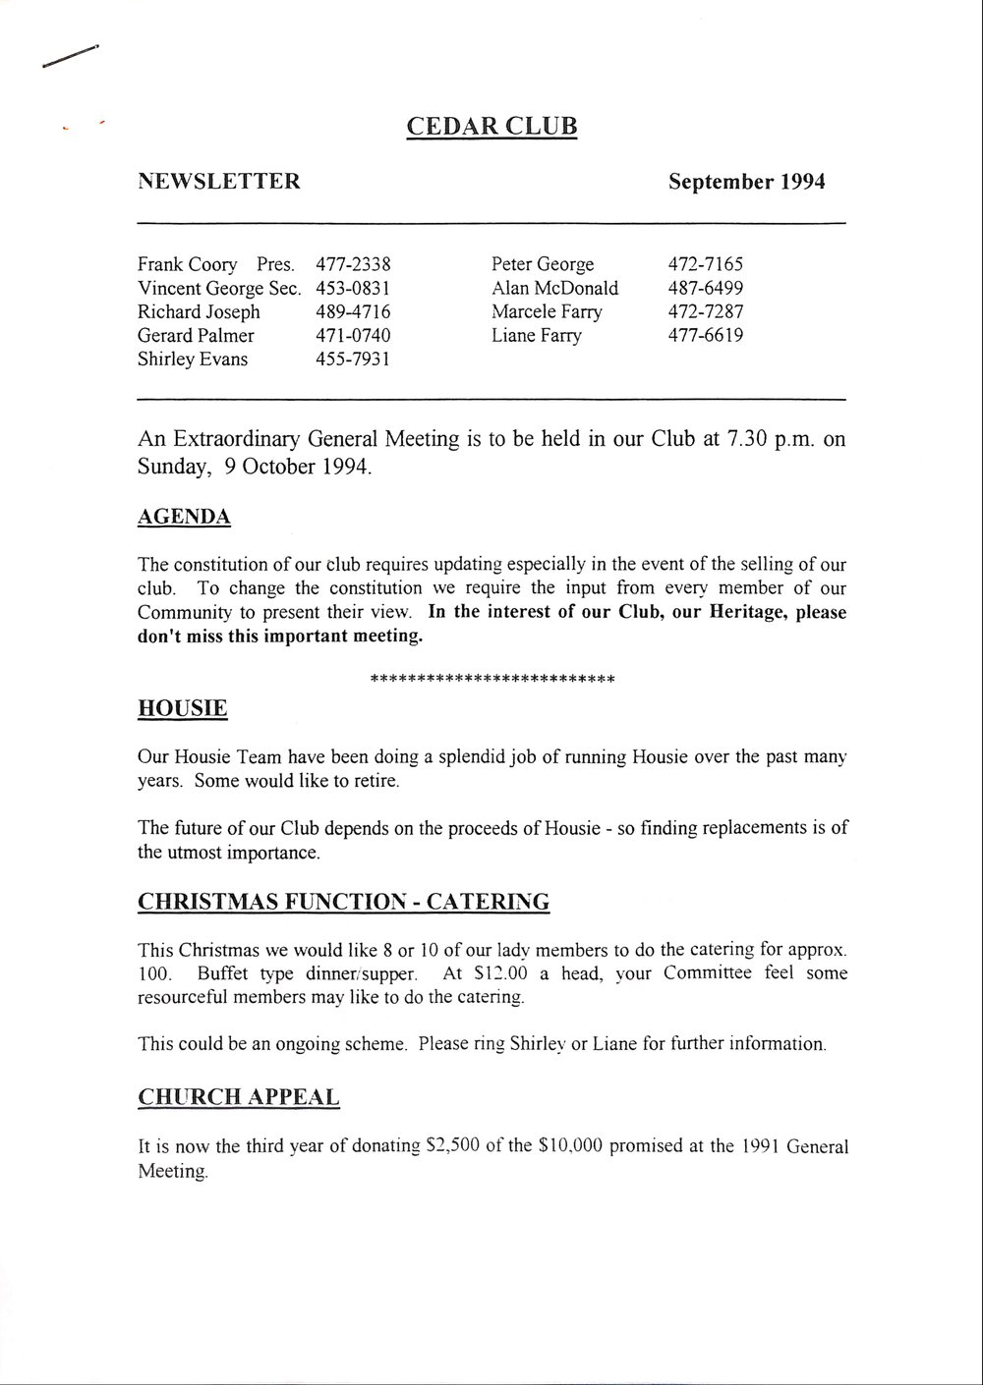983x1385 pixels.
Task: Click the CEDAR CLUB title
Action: [491, 127]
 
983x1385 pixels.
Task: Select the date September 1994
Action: [746, 182]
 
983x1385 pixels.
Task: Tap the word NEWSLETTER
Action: [219, 182]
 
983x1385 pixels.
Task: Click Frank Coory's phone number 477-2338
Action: [354, 264]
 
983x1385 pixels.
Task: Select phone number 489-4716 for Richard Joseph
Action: [354, 311]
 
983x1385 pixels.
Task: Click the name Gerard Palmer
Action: [196, 335]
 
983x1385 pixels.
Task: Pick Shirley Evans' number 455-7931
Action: [354, 359]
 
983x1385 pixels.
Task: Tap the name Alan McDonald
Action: [555, 288]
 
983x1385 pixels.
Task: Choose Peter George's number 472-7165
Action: [706, 264]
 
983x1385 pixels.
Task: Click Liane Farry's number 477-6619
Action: [706, 335]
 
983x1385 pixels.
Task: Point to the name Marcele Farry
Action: [548, 311]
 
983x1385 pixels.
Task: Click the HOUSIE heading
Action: [183, 708]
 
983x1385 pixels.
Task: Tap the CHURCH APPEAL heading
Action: [239, 1096]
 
